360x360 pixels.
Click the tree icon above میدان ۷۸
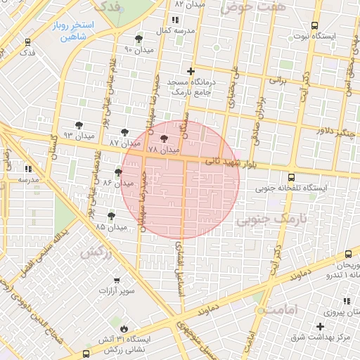pyautogui.click(x=165, y=139)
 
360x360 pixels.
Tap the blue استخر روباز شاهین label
pyautogui.click(x=74, y=30)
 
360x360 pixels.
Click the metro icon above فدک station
pyautogui.click(x=27, y=42)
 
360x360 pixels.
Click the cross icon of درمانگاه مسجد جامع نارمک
pyautogui.click(x=190, y=71)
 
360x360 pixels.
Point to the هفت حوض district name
pyautogui.click(x=246, y=7)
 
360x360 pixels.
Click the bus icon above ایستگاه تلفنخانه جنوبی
pyautogui.click(x=292, y=177)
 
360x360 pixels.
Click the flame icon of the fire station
pyautogui.click(x=124, y=328)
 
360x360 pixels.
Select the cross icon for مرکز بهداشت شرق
pyautogui.click(x=321, y=327)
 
